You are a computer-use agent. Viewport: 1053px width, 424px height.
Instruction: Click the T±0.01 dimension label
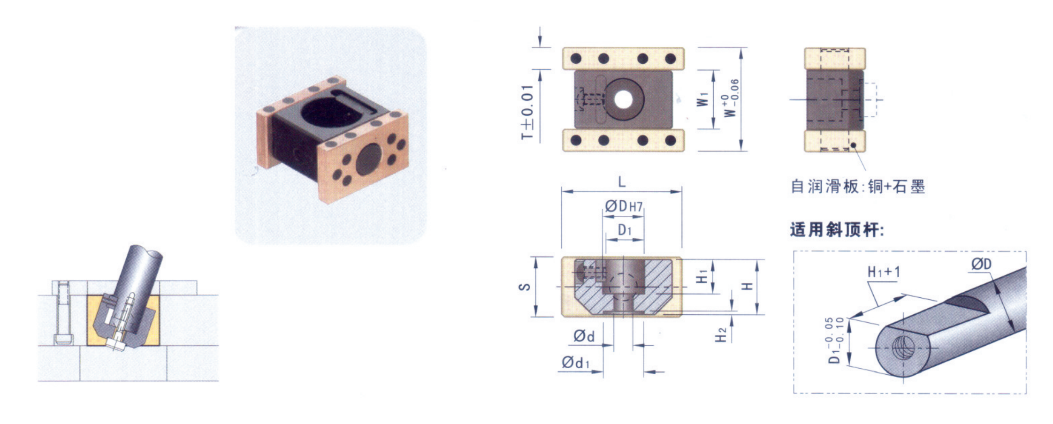pyautogui.click(x=528, y=112)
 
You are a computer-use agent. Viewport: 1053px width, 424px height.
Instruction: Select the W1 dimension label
pyautogui.click(x=702, y=99)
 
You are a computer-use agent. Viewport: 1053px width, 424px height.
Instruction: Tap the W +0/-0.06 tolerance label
pyautogui.click(x=731, y=98)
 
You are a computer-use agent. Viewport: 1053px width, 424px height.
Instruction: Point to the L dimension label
pyautogui.click(x=622, y=182)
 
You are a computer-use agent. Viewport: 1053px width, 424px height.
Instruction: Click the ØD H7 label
pyautogui.click(x=624, y=206)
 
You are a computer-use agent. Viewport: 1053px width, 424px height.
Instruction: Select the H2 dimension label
pyautogui.click(x=721, y=334)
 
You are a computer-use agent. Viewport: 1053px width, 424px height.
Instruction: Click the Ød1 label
pyautogui.click(x=576, y=363)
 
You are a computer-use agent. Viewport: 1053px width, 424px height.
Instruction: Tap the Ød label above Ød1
pyautogui.click(x=584, y=336)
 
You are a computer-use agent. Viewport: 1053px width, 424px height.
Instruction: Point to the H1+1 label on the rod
pyautogui.click(x=884, y=272)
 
